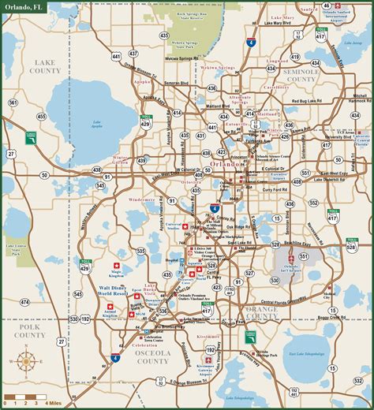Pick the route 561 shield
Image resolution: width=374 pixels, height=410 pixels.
pyautogui.click(x=13, y=103)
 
